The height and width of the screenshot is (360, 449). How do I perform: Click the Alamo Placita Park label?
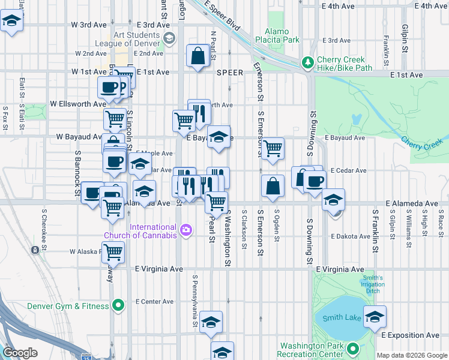click(277, 35)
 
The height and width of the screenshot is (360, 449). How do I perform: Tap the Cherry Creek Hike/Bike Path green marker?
click(307, 62)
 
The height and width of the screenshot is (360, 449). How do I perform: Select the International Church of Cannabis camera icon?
click(186, 230)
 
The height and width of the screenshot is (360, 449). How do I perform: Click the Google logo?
click(20, 352)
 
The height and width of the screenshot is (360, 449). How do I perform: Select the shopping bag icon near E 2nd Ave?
click(198, 56)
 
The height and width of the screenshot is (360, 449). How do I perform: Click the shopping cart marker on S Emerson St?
click(273, 147)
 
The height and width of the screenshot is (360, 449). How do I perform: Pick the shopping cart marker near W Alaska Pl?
click(113, 252)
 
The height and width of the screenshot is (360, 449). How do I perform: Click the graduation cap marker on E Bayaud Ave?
click(219, 136)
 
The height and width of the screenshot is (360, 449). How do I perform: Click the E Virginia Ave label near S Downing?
click(340, 269)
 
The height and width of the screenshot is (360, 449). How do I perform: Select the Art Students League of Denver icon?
click(169, 38)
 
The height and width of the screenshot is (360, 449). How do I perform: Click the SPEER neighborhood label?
click(230, 73)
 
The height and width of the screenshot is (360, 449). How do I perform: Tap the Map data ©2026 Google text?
click(412, 355)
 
